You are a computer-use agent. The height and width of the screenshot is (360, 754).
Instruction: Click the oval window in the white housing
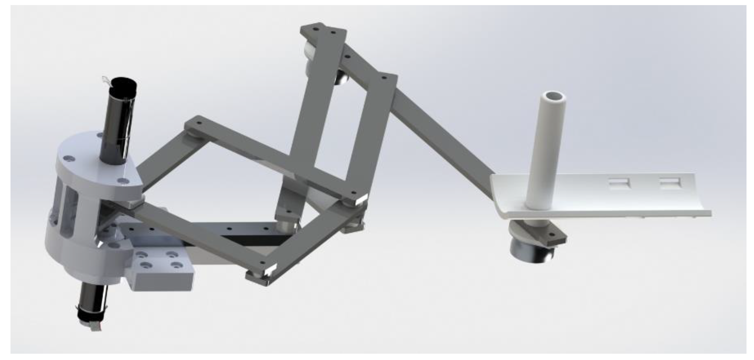(x=69, y=210)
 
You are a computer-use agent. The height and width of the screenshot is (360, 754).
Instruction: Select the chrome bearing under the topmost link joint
(x=342, y=79)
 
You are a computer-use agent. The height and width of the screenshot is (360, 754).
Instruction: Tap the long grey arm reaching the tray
(x=443, y=135)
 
